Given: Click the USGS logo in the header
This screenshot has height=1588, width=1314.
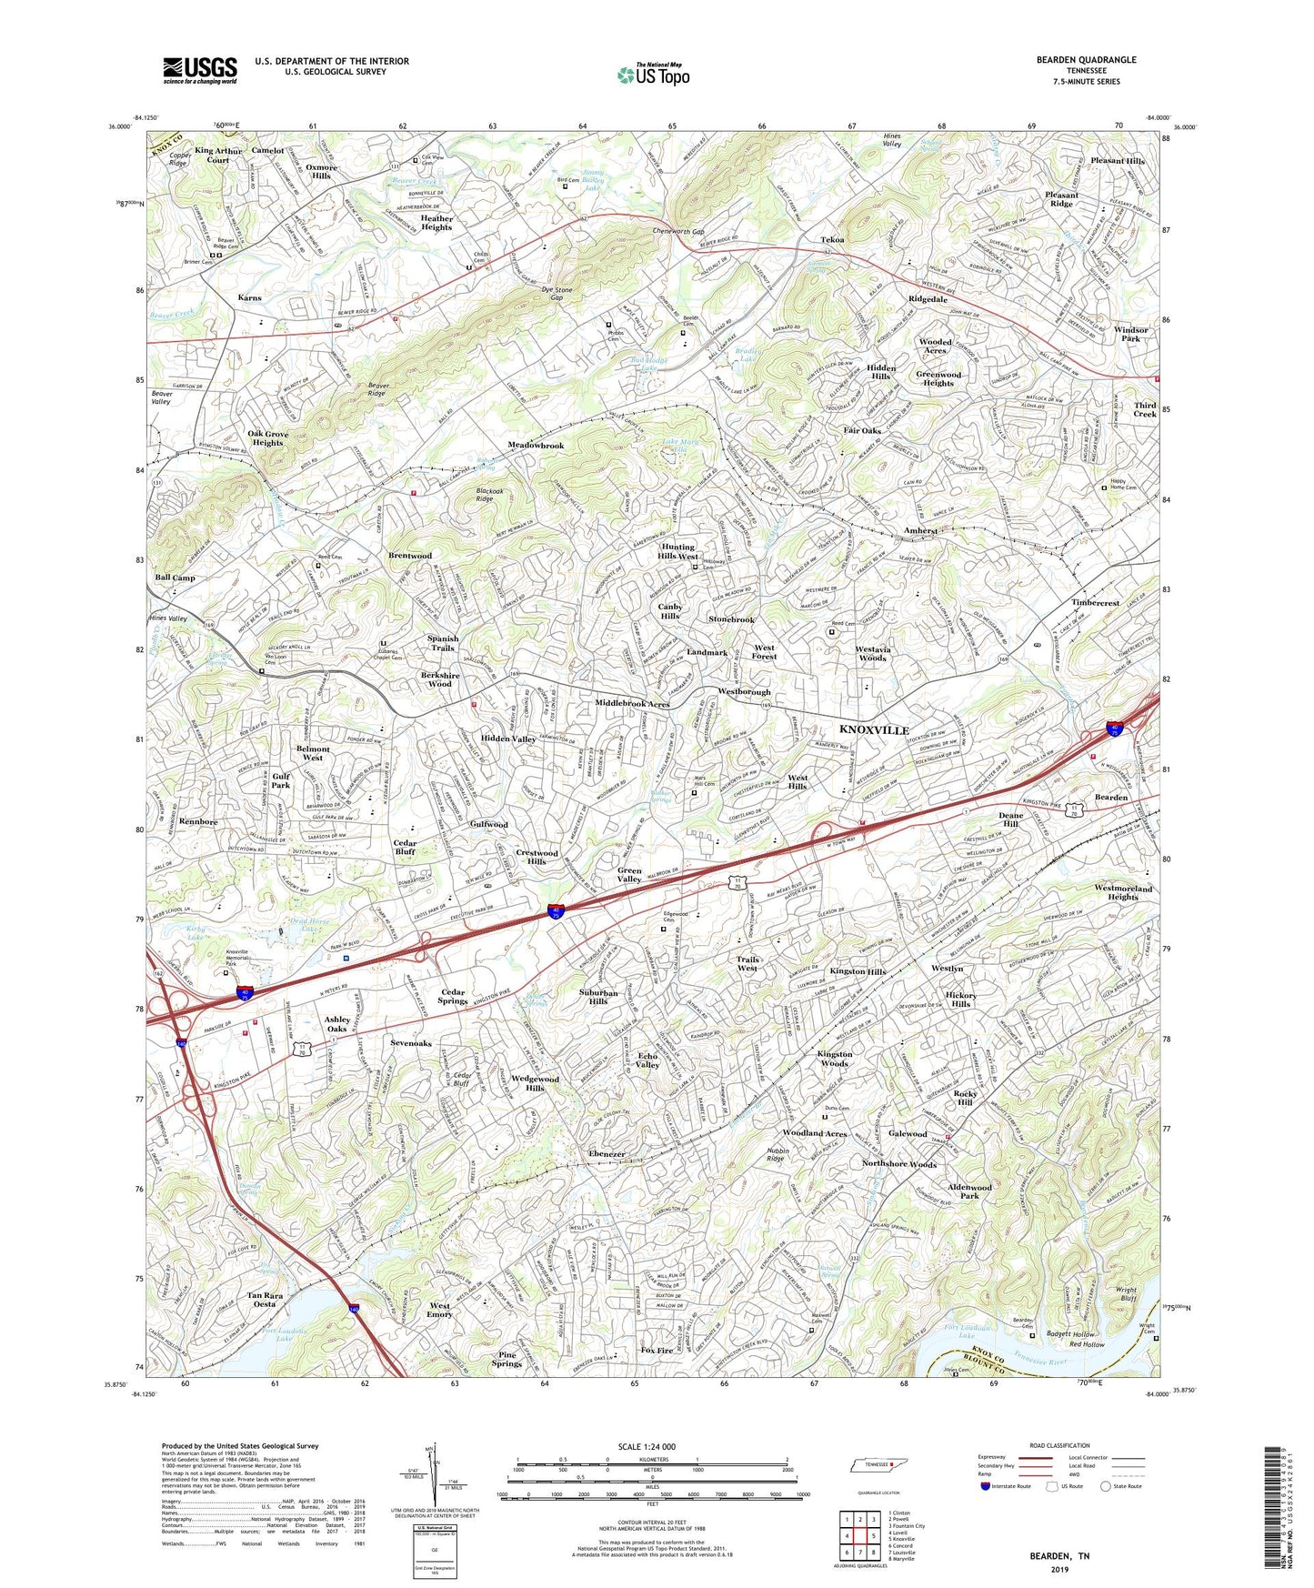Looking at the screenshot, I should pos(199,69).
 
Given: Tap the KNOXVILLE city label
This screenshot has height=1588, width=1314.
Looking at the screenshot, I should pos(873,730).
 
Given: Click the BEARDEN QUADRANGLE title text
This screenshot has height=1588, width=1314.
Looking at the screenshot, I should pos(1086,60).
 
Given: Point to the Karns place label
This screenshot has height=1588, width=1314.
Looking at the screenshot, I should pos(249,297).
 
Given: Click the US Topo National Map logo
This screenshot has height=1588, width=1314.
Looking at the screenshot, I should pos(653,74).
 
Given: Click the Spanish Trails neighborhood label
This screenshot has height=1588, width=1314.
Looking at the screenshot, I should pos(443,643).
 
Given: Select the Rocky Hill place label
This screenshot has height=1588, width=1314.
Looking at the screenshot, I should pos(965,1098).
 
